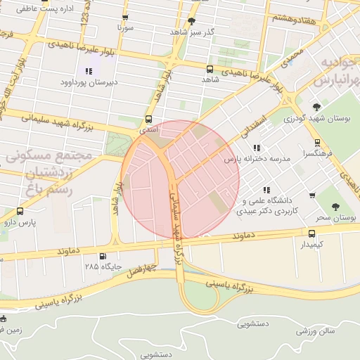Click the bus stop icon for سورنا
125,18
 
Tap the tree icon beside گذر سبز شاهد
192,21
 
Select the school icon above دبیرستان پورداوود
89,71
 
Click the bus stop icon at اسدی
148,120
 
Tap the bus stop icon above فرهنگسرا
318,142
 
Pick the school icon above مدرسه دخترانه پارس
257,148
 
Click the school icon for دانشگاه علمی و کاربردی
266,189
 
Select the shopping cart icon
312,195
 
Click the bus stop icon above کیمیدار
311,233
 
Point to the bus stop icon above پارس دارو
19,211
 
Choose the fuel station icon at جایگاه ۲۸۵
103,257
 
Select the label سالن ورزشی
316,330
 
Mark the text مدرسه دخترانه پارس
257,160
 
